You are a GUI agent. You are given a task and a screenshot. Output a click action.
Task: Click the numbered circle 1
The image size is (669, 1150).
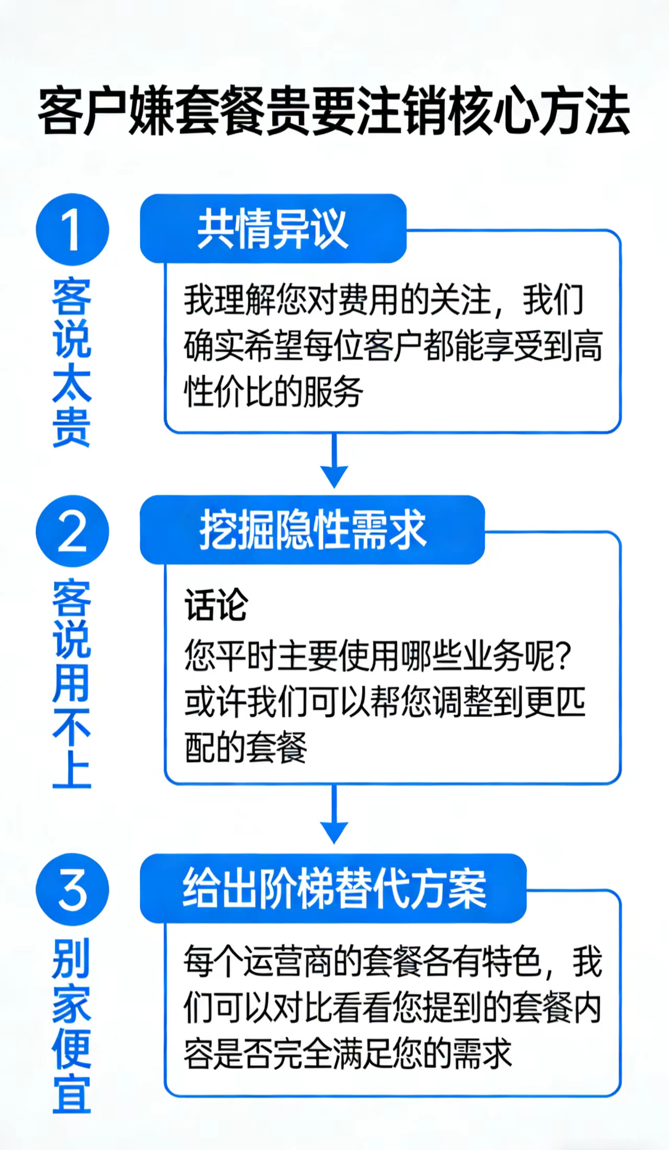[x=72, y=229]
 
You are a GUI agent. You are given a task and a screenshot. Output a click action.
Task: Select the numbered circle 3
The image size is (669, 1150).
[x=72, y=890]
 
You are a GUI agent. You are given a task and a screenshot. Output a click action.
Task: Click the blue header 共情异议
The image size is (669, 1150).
[x=273, y=228]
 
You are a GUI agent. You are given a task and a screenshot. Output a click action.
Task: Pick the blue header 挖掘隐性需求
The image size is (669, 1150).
[x=313, y=530]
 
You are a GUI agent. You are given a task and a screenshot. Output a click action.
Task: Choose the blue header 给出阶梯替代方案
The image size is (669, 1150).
[x=333, y=889]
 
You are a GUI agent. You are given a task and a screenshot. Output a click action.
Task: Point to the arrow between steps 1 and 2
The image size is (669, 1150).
[x=334, y=460]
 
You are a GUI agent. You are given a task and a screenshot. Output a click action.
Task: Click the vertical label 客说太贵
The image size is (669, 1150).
[x=72, y=363]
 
